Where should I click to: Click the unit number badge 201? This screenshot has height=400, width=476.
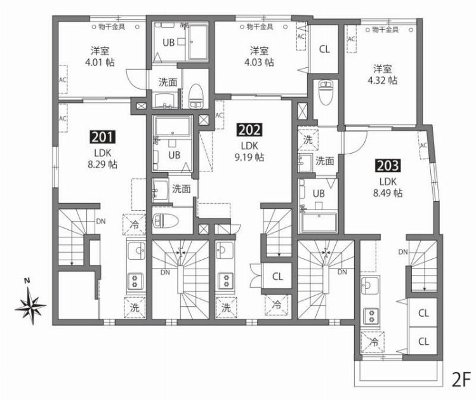102,136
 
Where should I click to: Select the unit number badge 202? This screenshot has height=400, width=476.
248,130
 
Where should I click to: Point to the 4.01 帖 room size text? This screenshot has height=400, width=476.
98,62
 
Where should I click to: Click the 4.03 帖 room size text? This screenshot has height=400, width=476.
259,62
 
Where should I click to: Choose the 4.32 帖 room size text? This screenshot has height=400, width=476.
383,80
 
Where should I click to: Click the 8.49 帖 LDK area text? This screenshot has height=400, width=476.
387,193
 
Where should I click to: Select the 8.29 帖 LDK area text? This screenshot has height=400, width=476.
102,164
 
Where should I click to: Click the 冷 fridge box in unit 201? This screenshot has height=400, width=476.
135,224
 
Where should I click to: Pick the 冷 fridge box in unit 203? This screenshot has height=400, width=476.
371,342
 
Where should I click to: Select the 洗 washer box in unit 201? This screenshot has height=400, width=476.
135,307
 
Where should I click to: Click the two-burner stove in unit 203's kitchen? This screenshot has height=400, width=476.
370,314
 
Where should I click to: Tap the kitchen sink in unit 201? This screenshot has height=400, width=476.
135,253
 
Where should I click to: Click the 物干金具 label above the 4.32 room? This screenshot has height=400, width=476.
385,29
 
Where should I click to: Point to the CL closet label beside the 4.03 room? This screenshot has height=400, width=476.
324,48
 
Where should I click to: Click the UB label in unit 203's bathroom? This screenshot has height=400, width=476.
320,193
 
